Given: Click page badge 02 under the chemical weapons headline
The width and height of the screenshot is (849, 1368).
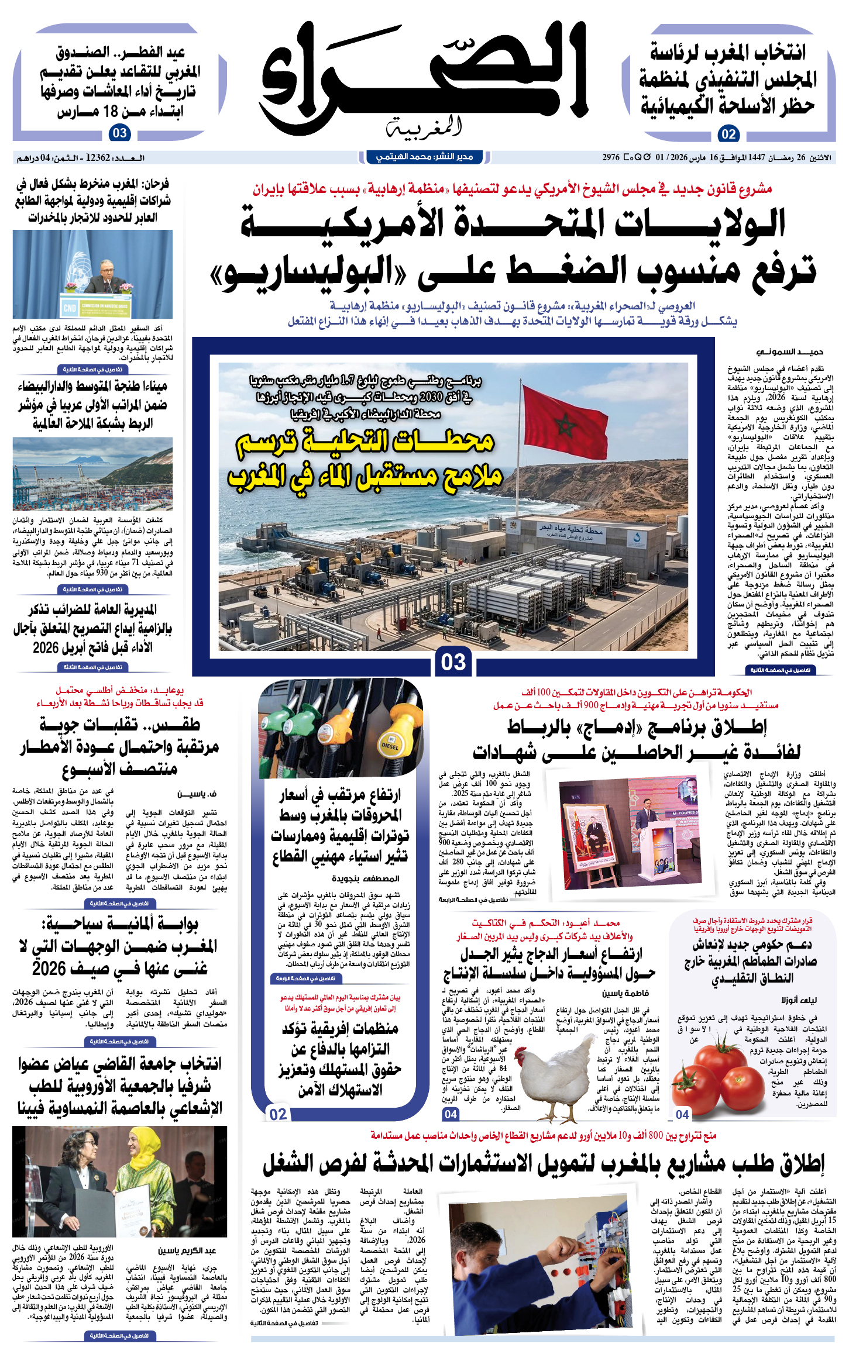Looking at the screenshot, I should tap(728, 134).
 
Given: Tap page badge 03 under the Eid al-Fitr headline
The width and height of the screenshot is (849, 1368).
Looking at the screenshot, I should tap(119, 133).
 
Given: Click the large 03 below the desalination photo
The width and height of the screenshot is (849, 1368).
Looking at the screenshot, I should tap(453, 662).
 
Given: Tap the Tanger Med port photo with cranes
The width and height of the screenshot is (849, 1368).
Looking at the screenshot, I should tap(92, 474).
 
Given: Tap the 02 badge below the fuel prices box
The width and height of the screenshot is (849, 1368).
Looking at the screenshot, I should tap(278, 1114).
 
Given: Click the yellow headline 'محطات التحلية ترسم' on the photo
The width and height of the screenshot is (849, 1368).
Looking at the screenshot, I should tap(366, 442).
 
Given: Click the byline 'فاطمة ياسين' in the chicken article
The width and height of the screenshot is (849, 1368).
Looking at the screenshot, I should tap(625, 993).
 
